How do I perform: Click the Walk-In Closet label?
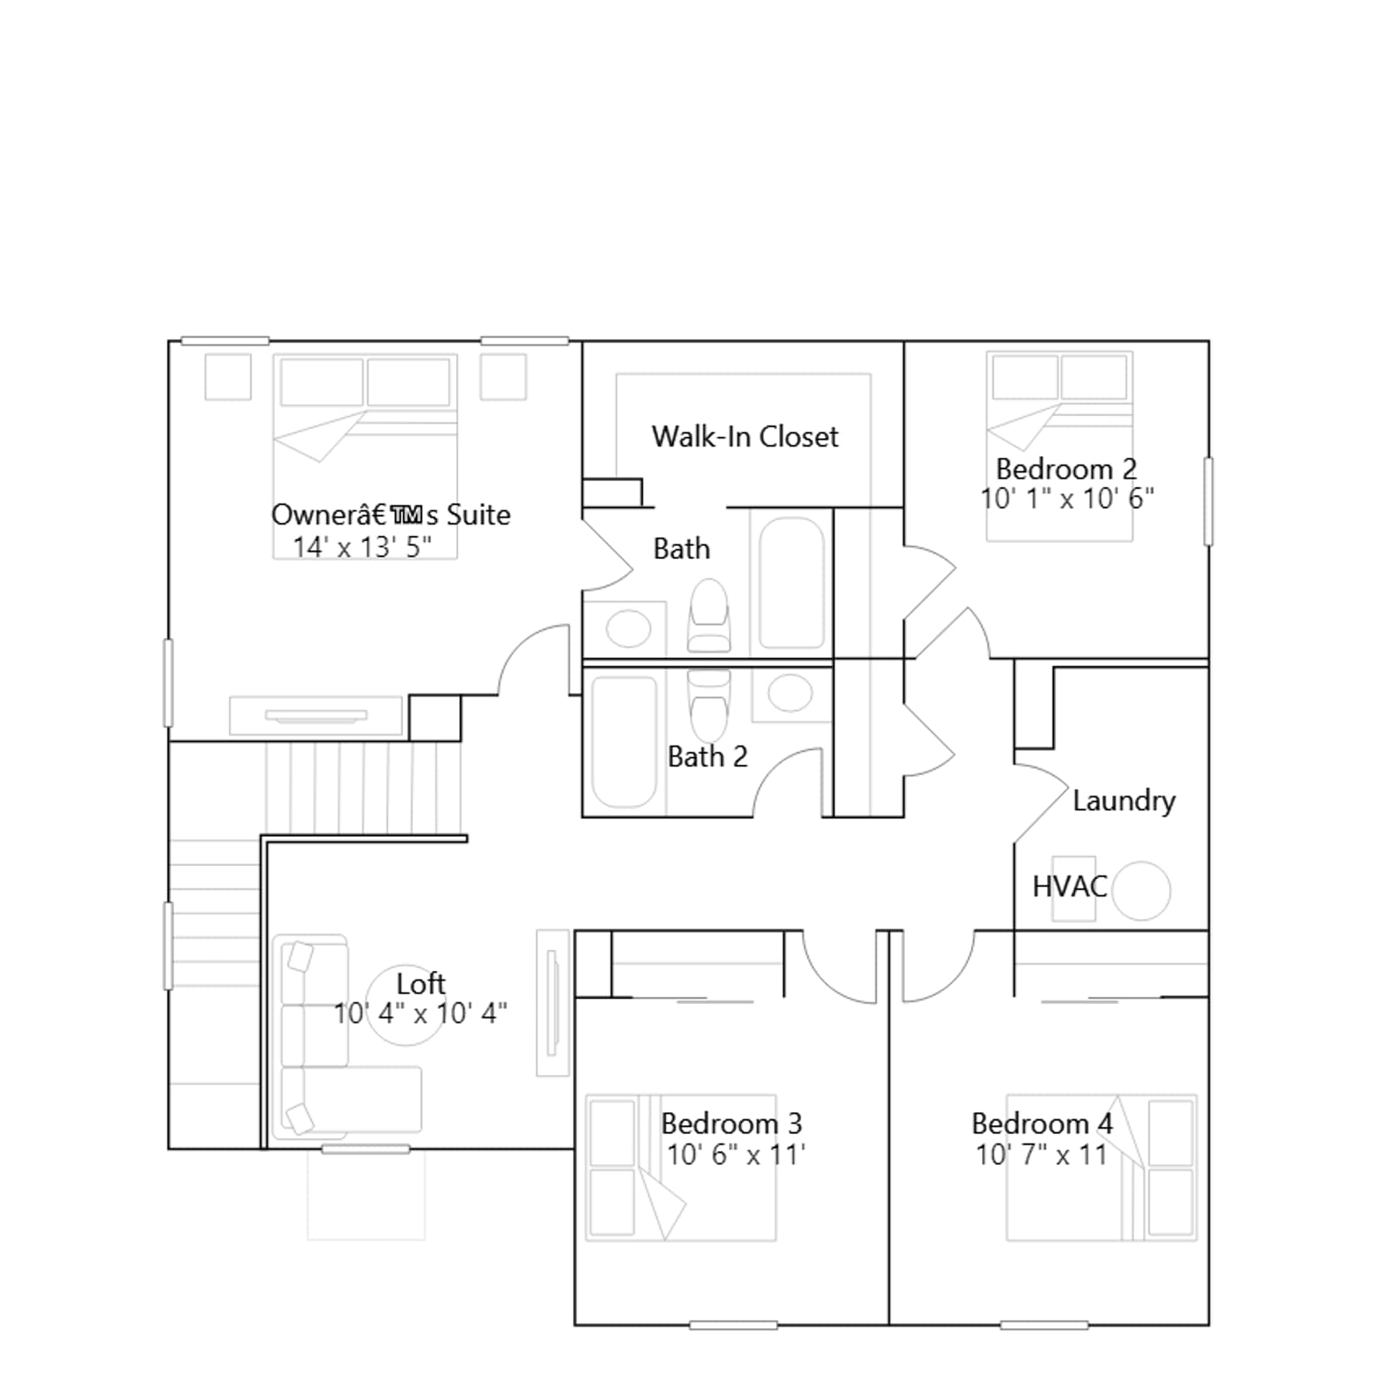(x=745, y=436)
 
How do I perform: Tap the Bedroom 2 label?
(x=1065, y=469)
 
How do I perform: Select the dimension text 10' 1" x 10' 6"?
(x=1067, y=498)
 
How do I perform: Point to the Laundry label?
(x=1123, y=801)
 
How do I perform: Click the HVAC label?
(x=1070, y=886)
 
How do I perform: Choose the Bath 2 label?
(x=707, y=757)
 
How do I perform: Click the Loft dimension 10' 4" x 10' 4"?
(x=420, y=1013)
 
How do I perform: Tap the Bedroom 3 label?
(x=732, y=1123)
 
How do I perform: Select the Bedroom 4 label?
(x=1042, y=1123)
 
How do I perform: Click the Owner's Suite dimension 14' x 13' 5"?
(x=361, y=547)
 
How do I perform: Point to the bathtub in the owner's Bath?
(x=791, y=583)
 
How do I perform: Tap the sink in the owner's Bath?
(x=628, y=628)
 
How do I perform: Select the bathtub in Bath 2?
(x=624, y=742)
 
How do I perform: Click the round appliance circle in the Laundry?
(x=1141, y=890)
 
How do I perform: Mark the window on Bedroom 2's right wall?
(x=1208, y=502)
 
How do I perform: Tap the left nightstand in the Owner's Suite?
(x=228, y=377)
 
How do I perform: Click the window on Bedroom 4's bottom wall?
(x=1044, y=1325)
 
